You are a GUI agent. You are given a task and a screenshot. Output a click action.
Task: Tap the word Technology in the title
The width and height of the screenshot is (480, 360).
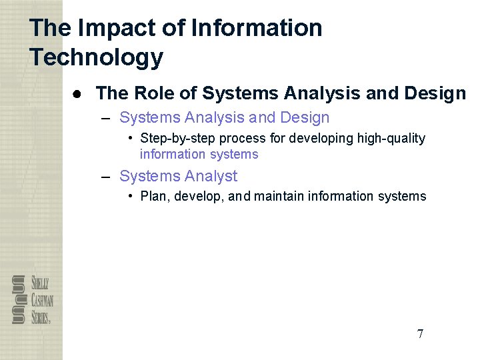point(96,57)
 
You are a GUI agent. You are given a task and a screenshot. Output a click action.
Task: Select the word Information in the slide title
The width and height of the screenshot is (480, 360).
point(257,28)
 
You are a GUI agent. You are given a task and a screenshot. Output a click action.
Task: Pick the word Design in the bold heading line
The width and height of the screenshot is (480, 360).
point(434,93)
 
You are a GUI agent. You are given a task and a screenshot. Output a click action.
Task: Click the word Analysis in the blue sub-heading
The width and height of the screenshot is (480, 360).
point(215,118)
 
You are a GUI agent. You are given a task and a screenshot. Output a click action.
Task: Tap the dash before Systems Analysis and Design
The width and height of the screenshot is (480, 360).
point(105,118)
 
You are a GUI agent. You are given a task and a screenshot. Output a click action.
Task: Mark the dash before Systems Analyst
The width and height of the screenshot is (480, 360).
point(105,177)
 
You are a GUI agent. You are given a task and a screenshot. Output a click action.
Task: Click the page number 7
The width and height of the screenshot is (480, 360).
point(420,334)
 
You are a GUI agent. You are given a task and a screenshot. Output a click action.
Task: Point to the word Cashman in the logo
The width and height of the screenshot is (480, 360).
point(41,299)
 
